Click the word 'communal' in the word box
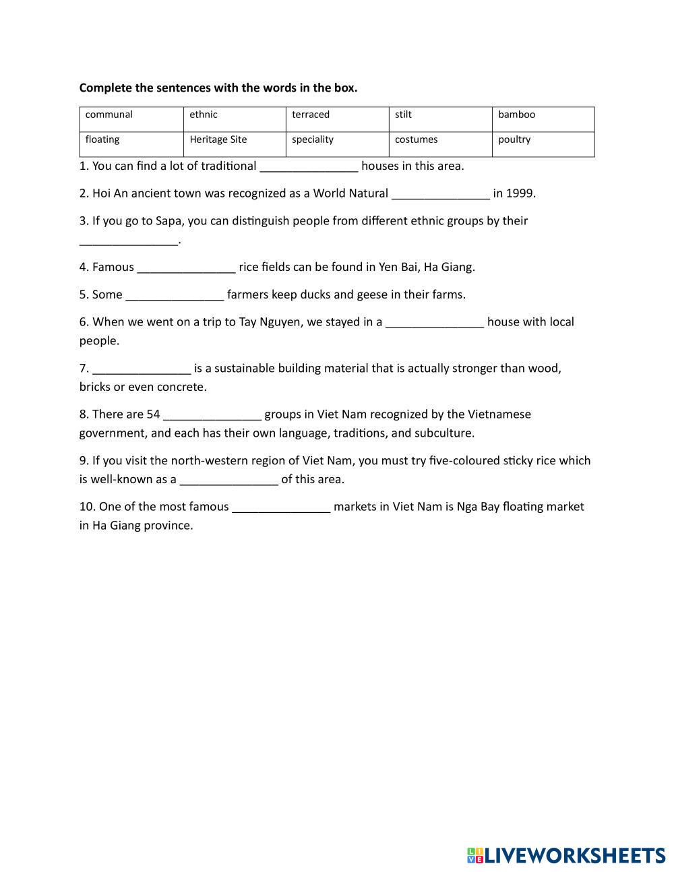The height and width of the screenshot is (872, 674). click(109, 115)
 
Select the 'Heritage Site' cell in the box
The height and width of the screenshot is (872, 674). click(218, 139)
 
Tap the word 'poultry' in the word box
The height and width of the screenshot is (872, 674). click(514, 139)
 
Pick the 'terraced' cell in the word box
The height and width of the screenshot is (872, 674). click(311, 115)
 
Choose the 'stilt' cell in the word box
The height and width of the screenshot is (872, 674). click(403, 115)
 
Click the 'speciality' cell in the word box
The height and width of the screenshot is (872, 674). click(313, 139)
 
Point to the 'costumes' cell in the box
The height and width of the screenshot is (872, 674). click(416, 139)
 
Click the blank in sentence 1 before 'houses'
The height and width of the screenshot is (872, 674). click(309, 167)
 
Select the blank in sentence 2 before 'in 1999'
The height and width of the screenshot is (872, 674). click(440, 194)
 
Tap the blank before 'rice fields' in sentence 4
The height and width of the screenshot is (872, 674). click(186, 268)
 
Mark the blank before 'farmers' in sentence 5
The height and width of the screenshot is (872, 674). click(175, 296)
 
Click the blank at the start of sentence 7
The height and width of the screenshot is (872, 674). click(142, 369)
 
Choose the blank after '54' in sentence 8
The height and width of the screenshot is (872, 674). click(212, 415)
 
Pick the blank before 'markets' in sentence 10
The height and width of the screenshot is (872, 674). click(281, 507)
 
